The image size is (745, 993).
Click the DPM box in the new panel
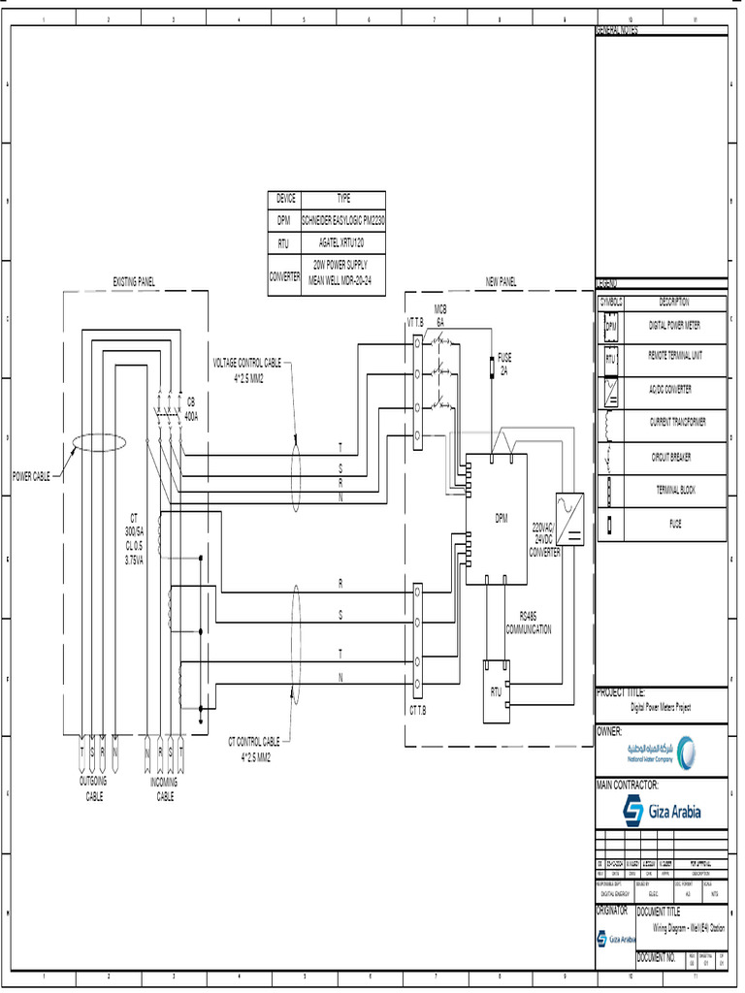pyautogui.click(x=497, y=518)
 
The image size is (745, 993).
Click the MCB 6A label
pyautogui.click(x=440, y=314)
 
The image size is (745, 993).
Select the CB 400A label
pyautogui.click(x=191, y=409)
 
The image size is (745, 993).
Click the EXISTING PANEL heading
pyautogui.click(x=134, y=281)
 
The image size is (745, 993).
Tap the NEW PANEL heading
pyautogui.click(x=501, y=281)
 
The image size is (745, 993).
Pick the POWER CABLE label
pyautogui.click(x=31, y=476)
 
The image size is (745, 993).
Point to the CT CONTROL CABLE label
pyautogui.click(x=255, y=747)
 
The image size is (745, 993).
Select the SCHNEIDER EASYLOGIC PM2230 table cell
pyautogui.click(x=343, y=221)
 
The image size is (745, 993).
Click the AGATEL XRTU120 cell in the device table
pyautogui.click(x=343, y=244)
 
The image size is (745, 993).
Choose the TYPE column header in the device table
pyautogui.click(x=343, y=198)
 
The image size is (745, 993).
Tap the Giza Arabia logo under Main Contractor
pyautogui.click(x=663, y=811)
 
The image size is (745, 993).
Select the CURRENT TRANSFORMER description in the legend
pyautogui.click(x=677, y=423)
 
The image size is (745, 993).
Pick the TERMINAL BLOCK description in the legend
pyautogui.click(x=673, y=491)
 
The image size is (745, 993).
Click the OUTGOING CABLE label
pyautogui.click(x=93, y=788)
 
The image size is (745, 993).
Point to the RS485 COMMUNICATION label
pyautogui.click(x=528, y=623)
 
